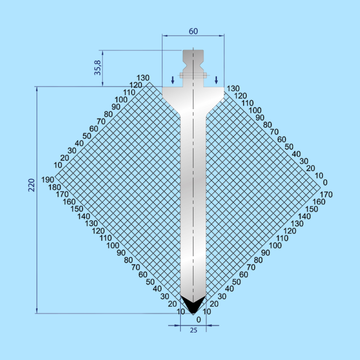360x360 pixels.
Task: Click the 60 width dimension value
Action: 193,31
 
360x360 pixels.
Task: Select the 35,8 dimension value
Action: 98,68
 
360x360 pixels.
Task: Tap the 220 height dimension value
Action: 31,185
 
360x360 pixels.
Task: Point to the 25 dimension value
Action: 193,330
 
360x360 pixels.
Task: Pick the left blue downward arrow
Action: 173,80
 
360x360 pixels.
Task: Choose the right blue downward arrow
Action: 216,80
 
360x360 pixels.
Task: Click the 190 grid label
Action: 48,180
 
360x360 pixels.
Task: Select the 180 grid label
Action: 54,187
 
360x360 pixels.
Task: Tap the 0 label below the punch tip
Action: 199,320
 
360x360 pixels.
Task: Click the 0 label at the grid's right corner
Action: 325,182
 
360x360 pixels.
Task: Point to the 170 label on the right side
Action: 326,194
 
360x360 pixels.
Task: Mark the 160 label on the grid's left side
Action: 69,202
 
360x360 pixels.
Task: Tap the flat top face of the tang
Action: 193,50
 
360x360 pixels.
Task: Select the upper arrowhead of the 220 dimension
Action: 37,89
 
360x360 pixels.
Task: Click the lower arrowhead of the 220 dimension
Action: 37,311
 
